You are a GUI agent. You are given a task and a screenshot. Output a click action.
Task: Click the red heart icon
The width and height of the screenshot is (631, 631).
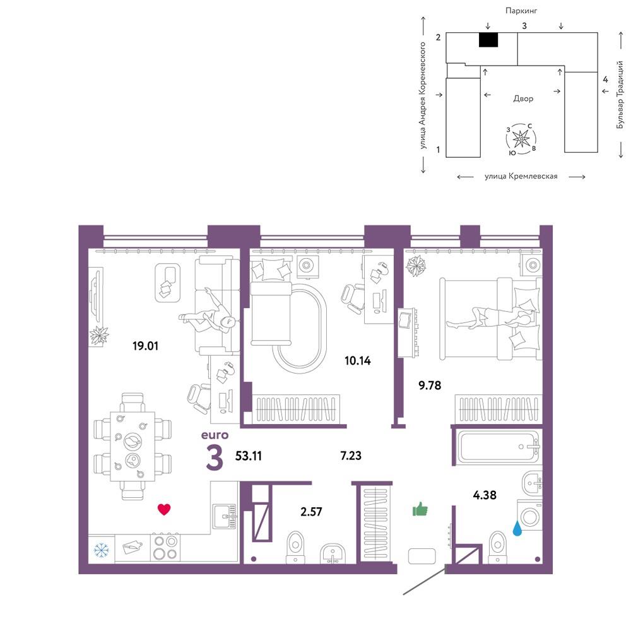click(x=164, y=509)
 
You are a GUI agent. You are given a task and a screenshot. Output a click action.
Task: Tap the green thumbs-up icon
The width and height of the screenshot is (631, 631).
click(x=420, y=509)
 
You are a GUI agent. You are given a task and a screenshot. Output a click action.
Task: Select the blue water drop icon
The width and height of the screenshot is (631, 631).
click(x=518, y=528)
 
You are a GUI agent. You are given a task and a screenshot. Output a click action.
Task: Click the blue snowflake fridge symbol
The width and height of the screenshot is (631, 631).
click(x=101, y=550)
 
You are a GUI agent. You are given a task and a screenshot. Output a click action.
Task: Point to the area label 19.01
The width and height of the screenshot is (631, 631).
click(x=145, y=346)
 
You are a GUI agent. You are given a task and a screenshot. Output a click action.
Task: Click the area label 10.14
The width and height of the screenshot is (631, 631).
click(x=357, y=360)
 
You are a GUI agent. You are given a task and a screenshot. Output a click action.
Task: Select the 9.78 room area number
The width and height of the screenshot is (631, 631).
click(x=430, y=386)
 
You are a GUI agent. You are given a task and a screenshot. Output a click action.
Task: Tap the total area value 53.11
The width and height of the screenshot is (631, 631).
click(x=248, y=456)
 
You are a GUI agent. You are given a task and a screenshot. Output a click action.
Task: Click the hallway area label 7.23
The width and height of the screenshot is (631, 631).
click(x=350, y=456)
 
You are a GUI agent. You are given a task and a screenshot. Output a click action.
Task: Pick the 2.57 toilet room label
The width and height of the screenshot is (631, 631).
click(x=311, y=512)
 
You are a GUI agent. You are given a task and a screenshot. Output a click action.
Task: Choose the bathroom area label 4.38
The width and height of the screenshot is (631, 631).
click(x=485, y=495)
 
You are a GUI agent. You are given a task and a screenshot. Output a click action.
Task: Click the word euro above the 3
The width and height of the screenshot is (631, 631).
click(x=215, y=435)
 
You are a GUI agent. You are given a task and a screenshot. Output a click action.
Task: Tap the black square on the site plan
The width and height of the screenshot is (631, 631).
click(x=488, y=40)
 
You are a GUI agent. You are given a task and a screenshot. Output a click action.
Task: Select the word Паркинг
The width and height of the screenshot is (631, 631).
click(x=521, y=11)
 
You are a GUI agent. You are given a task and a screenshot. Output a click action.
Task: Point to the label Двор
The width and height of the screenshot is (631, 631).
click(x=523, y=98)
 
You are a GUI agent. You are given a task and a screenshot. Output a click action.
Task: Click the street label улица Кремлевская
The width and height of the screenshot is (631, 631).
click(x=521, y=176)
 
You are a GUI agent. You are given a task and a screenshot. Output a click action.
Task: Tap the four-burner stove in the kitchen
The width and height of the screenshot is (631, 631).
click(x=165, y=547)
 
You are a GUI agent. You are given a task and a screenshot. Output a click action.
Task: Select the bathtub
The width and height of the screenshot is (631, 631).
click(x=499, y=446)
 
